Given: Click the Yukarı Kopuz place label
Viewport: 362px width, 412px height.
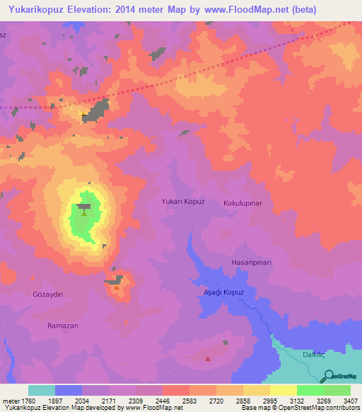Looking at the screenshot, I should coord(184,202).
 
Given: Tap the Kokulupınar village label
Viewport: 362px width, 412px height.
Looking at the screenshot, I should coord(243,203).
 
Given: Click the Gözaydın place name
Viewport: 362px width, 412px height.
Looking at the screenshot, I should coord(48,294).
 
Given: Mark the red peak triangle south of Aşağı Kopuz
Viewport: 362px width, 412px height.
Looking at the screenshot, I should coord(207,359).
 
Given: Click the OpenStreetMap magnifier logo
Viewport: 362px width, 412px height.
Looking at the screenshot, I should coord(328,376).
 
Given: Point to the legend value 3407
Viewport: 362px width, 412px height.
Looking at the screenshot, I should coord(350,401).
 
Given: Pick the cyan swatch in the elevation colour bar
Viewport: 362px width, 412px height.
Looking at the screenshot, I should coord(42,390).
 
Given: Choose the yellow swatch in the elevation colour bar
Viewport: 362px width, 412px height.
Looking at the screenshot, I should coord(283,390).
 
